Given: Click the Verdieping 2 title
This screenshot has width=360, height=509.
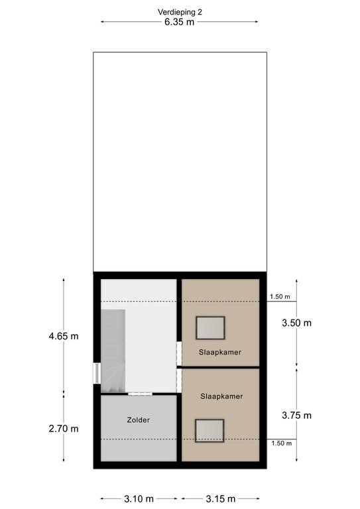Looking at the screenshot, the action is pyautogui.click(x=180, y=12).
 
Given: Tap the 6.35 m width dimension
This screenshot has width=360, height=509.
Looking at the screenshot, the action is pyautogui.click(x=179, y=22).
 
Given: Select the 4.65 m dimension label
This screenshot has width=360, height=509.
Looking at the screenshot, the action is pyautogui.click(x=64, y=336).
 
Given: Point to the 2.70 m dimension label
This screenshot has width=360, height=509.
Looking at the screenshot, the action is pyautogui.click(x=64, y=429).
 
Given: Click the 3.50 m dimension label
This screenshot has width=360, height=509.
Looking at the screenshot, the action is pyautogui.click(x=296, y=323).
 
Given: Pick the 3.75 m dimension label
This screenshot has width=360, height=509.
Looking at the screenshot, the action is pyautogui.click(x=296, y=415).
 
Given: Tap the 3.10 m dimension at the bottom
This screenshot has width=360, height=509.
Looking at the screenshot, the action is pyautogui.click(x=139, y=498).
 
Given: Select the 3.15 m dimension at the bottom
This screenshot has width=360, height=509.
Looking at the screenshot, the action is pyautogui.click(x=221, y=498).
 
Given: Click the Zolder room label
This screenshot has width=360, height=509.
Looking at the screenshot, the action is pyautogui.click(x=139, y=420).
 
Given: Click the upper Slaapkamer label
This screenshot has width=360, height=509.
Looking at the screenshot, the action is pyautogui.click(x=220, y=352).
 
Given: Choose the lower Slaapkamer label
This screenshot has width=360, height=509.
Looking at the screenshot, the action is pyautogui.click(x=221, y=396).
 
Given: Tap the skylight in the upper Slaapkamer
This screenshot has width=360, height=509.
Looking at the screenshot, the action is pyautogui.click(x=210, y=328).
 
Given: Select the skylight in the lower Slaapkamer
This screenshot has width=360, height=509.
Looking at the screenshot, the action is pyautogui.click(x=210, y=431).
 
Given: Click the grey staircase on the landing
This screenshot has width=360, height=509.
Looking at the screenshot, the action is pyautogui.click(x=113, y=351).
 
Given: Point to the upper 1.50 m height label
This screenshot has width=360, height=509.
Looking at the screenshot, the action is pyautogui.click(x=280, y=297).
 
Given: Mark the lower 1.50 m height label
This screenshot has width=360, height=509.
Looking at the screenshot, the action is pyautogui.click(x=282, y=443).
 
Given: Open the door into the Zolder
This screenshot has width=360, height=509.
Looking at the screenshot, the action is pyautogui.click(x=140, y=394).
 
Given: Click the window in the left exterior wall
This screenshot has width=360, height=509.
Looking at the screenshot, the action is pyautogui.click(x=97, y=373).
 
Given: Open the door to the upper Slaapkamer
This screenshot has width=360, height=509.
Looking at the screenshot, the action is pyautogui.click(x=179, y=353).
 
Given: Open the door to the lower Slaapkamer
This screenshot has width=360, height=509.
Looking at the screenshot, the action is pyautogui.click(x=179, y=380).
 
